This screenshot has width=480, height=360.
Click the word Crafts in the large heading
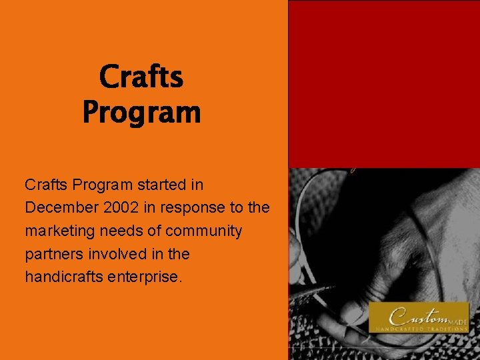click(x=141, y=77)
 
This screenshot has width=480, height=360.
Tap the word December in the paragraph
click(x=62, y=207)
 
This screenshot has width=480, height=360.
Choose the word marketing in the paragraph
click(x=59, y=231)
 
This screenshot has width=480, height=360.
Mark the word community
click(x=203, y=231)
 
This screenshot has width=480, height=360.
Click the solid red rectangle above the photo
click(x=383, y=83)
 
